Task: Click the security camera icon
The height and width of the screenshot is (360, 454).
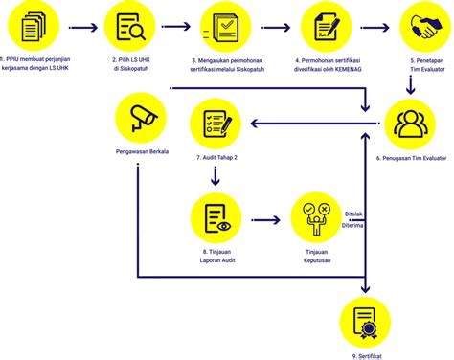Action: (140, 120)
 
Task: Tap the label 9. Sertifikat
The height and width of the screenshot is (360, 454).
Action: (368, 354)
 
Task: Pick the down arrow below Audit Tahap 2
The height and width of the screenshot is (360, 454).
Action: (215, 176)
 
